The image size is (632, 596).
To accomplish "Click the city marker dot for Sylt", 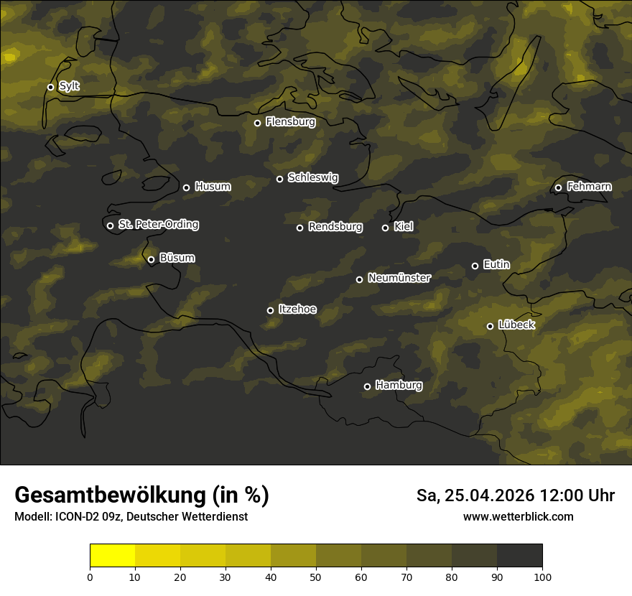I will click(x=50, y=87).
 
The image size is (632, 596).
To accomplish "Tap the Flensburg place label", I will click(x=290, y=122).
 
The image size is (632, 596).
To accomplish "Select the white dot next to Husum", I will click(x=186, y=187).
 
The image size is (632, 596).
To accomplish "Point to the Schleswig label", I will click(x=312, y=177).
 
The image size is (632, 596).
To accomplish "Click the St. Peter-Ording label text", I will click(x=158, y=225).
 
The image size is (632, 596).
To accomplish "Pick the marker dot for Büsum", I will click(x=151, y=260).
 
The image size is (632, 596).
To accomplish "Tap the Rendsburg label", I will click(x=335, y=227).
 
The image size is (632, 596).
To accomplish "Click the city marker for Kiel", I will click(x=385, y=228).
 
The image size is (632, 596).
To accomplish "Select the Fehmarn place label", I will click(x=589, y=187).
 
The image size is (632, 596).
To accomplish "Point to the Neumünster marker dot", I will click(x=359, y=279).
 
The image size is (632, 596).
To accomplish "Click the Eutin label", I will click(x=496, y=265).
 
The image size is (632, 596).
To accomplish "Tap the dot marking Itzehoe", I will click(x=270, y=310).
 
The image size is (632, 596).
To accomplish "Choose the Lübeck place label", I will click(x=516, y=325).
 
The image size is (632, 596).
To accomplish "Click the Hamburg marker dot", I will click(x=367, y=386).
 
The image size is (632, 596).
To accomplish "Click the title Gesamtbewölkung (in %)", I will click(x=141, y=495).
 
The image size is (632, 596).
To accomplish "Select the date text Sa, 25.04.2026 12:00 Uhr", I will click(x=515, y=495).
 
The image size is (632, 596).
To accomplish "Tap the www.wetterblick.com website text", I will click(x=518, y=516).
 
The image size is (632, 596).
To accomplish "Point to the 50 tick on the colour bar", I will click(x=316, y=576).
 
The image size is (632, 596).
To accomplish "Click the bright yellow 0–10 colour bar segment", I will click(x=112, y=556).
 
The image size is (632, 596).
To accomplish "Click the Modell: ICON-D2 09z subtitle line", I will click(x=131, y=517).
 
